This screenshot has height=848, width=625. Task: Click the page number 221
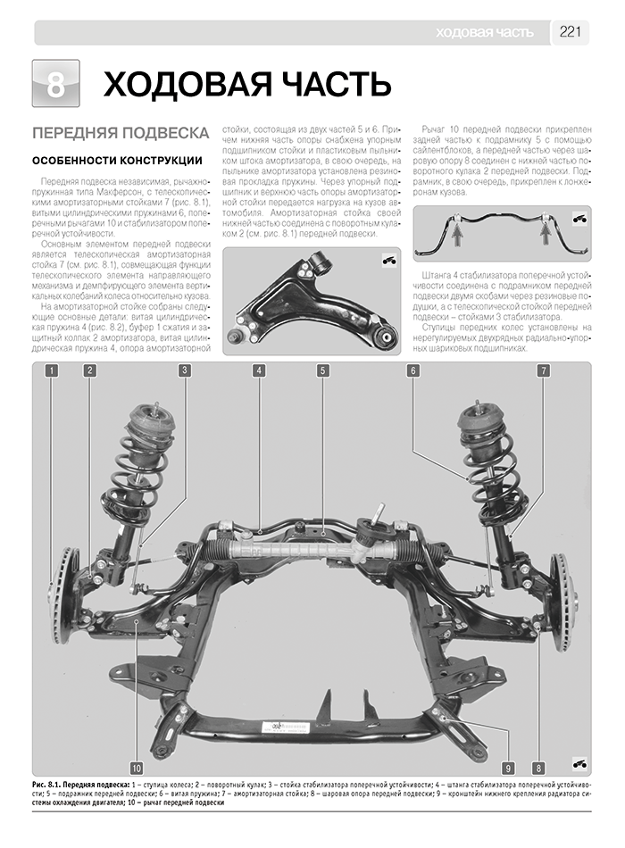[571, 33]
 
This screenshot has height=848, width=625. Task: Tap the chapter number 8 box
[55, 85]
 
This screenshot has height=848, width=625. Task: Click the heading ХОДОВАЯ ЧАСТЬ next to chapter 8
[247, 85]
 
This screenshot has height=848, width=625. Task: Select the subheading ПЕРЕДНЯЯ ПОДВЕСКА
[121, 133]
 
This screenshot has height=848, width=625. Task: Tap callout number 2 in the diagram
[90, 370]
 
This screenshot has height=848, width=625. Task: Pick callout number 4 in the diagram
[258, 370]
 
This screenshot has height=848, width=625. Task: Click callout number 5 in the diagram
[322, 370]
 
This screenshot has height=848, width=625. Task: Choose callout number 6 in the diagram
[414, 370]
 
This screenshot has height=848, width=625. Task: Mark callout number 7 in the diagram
[543, 370]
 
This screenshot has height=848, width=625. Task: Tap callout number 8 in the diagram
[538, 767]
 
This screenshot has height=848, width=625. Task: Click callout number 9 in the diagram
[507, 767]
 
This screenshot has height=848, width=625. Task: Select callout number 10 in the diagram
[136, 767]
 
